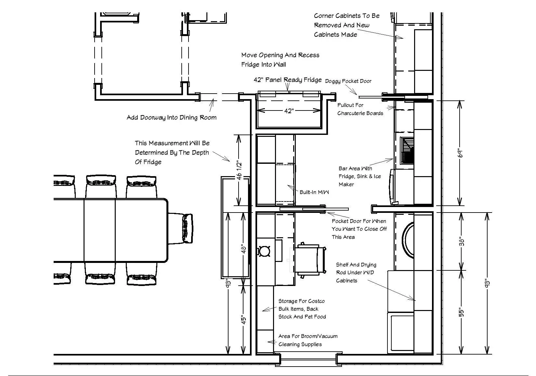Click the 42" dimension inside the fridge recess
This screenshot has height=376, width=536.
pyautogui.click(x=289, y=111)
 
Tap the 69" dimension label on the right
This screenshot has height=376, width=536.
pyautogui.click(x=460, y=153)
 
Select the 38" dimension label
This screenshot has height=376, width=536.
pyautogui.click(x=462, y=242)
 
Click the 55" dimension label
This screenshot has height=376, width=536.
pyautogui.click(x=462, y=312)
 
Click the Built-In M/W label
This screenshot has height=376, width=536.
pyautogui.click(x=314, y=192)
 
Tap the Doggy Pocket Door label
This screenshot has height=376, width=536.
pyautogui.click(x=348, y=81)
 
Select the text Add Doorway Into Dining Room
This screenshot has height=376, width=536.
pyautogui.click(x=171, y=118)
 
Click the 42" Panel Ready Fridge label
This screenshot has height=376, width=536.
pyautogui.click(x=287, y=80)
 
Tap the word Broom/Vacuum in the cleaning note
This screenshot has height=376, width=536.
pyautogui.click(x=320, y=336)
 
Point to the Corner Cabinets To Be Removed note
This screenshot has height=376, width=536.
pyautogui.click(x=346, y=25)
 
